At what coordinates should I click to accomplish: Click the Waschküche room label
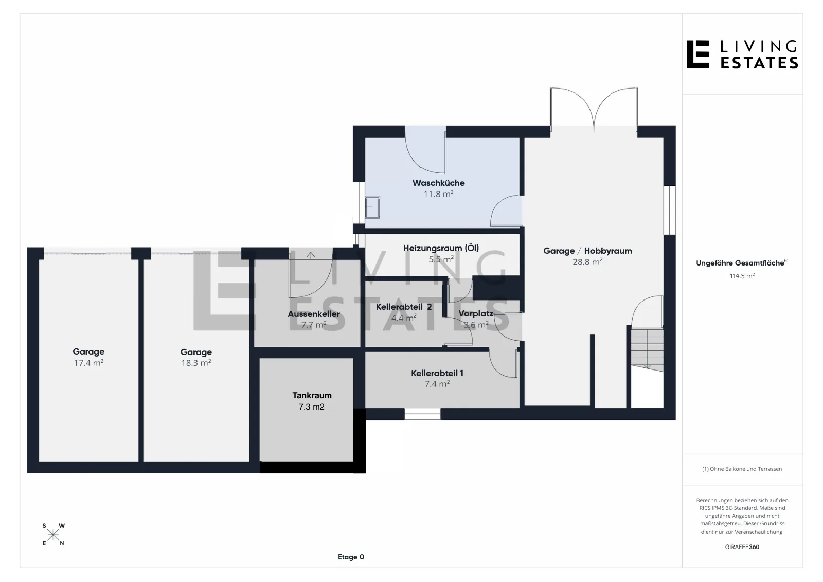pos(438,183)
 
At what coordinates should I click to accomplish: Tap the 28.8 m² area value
pos(587,262)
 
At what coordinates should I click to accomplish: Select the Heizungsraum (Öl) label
pos(441,248)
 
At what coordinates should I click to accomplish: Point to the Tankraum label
pos(312,396)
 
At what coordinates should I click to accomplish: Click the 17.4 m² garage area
pos(88,363)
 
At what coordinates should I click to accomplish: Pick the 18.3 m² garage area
pos(196,363)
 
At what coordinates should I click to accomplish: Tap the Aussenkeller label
pos(314,314)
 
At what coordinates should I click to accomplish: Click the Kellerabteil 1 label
pos(437,373)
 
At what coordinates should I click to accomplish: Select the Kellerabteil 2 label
pos(404,307)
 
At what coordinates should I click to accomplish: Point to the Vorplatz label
pos(476,313)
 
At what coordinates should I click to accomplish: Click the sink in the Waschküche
pos(372,207)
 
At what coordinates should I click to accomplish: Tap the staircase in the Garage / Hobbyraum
pos(648,350)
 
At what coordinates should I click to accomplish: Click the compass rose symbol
pos(53,535)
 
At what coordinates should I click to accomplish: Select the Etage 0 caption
pos(351,557)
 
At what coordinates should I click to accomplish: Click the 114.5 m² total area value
pos(742,276)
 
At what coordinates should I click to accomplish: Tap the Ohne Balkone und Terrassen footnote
pos(746,469)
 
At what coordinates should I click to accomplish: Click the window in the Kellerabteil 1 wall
pos(422,414)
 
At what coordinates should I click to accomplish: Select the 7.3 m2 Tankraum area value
pos(312,407)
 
